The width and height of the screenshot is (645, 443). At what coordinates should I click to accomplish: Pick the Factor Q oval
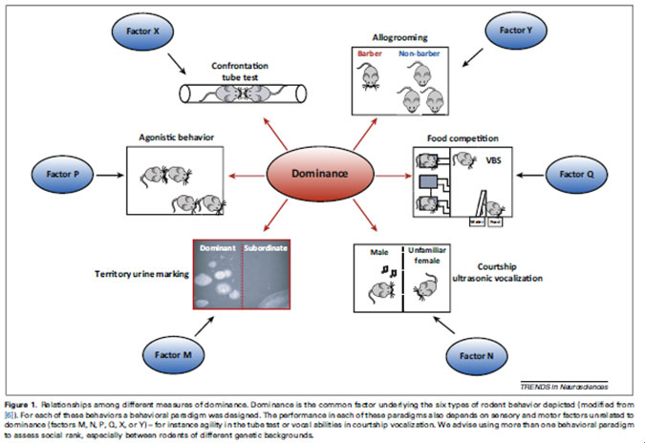click(577, 175)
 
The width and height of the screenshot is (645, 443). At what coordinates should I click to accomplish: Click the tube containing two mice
click(251, 94)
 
